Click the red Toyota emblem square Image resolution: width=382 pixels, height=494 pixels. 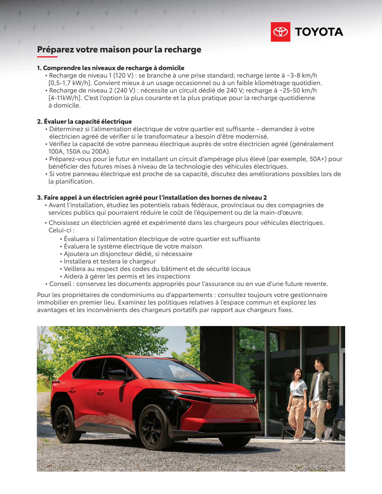(280, 32)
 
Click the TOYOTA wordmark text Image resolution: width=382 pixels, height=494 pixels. (319, 32)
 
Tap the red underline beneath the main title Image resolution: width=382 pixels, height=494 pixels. (47, 57)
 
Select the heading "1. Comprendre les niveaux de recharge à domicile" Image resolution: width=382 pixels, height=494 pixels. (111, 68)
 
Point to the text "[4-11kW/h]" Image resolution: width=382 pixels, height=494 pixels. (65, 98)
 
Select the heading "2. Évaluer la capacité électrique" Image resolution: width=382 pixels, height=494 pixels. (84, 122)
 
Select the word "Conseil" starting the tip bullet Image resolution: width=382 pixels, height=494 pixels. (60, 284)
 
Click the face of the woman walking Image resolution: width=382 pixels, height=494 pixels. (298, 373)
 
